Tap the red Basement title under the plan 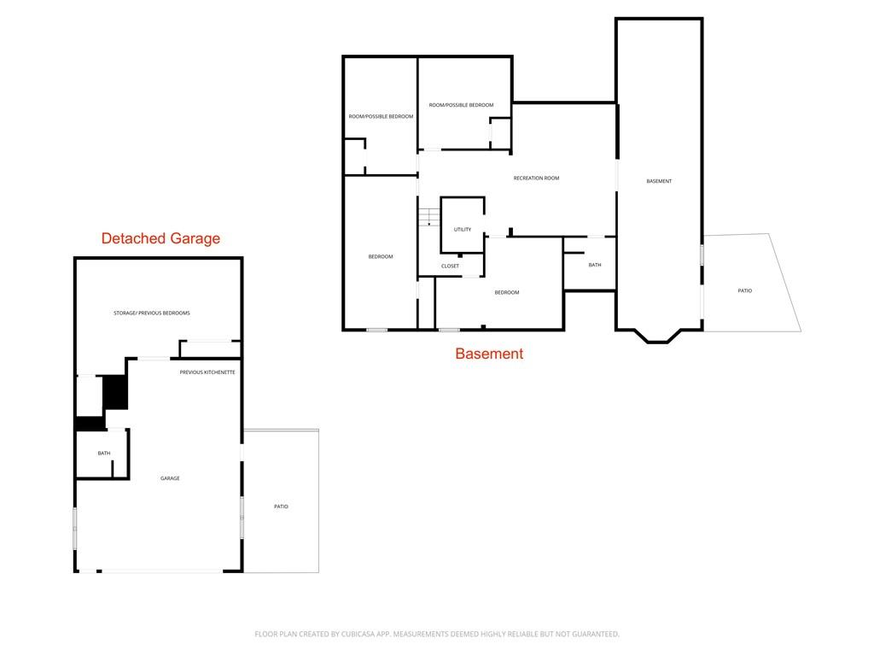coord(489,354)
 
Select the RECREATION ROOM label coord(536,179)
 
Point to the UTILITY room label coord(462,229)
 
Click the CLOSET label coord(450,266)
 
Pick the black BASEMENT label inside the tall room coord(659,181)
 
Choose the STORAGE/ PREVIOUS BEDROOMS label coord(152,313)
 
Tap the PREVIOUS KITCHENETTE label coord(207,372)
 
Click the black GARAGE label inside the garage coord(170,478)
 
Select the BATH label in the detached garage coord(104,453)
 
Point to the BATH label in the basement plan coord(595,265)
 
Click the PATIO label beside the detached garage coord(281,507)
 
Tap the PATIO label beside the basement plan coord(744,290)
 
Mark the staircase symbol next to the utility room coord(429,216)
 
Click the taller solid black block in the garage coord(115,392)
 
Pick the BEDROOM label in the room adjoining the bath coord(507,292)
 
